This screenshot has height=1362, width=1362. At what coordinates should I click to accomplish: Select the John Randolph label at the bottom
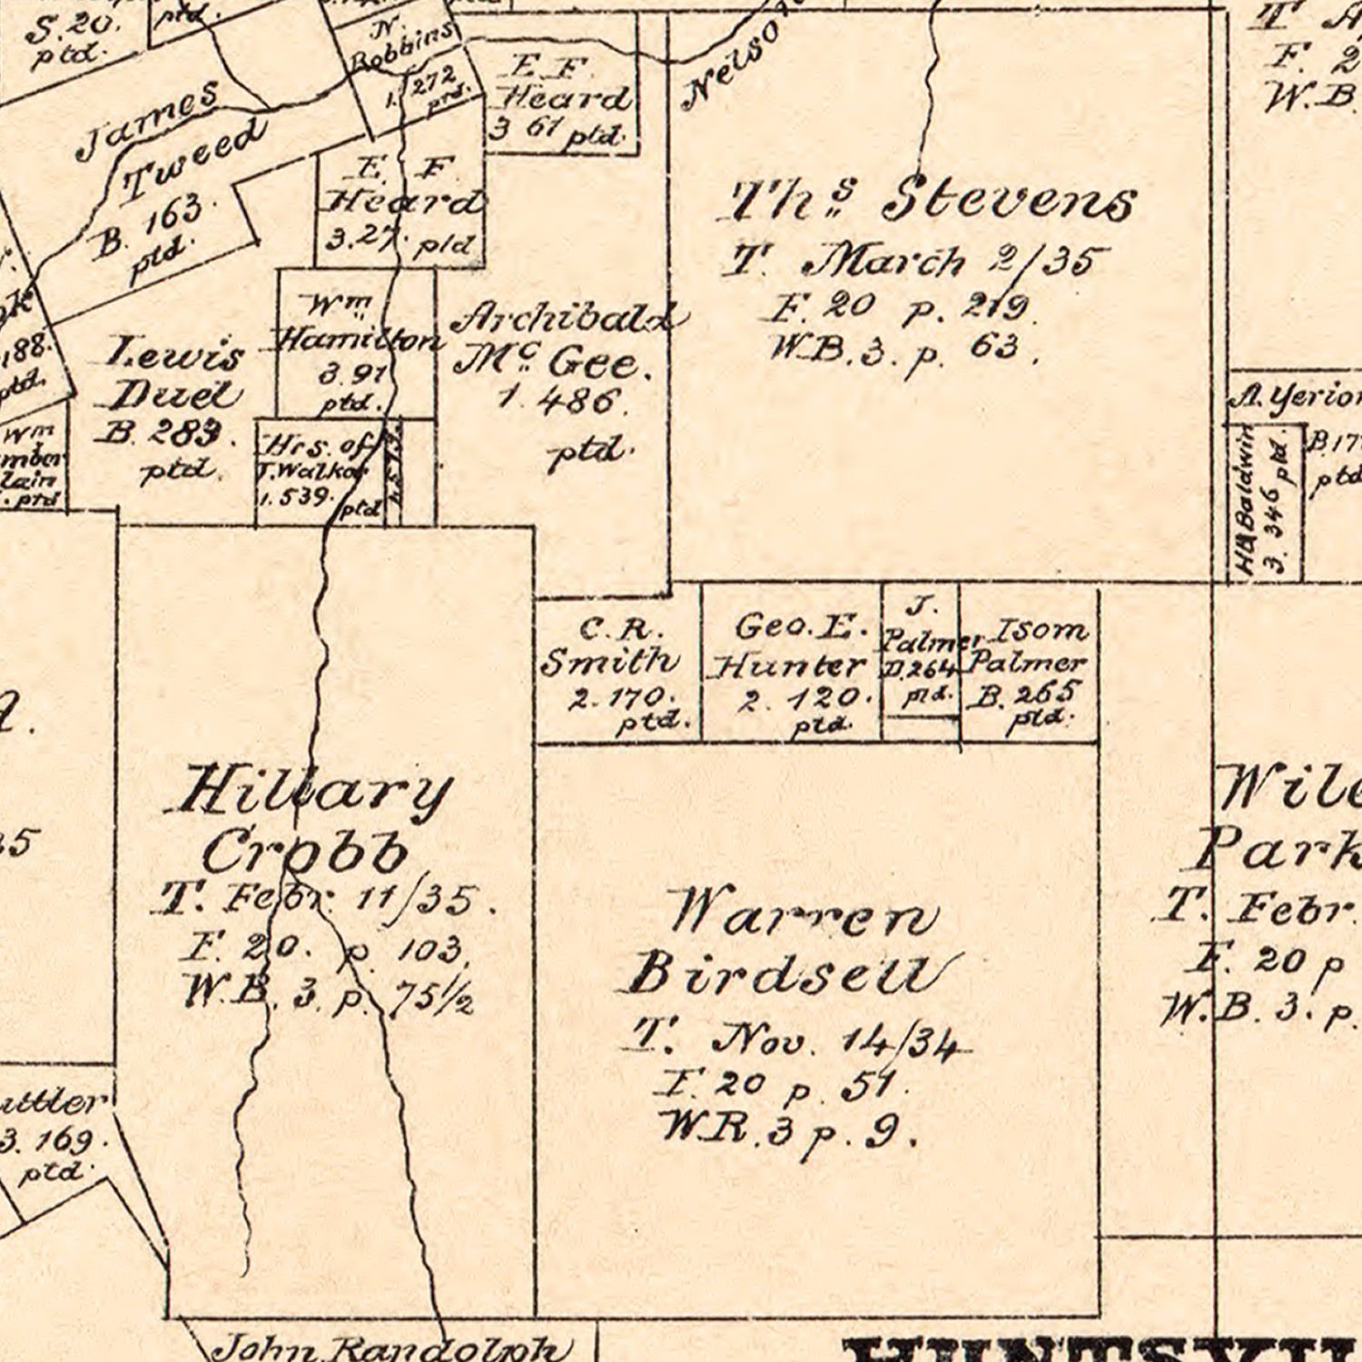390,1347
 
